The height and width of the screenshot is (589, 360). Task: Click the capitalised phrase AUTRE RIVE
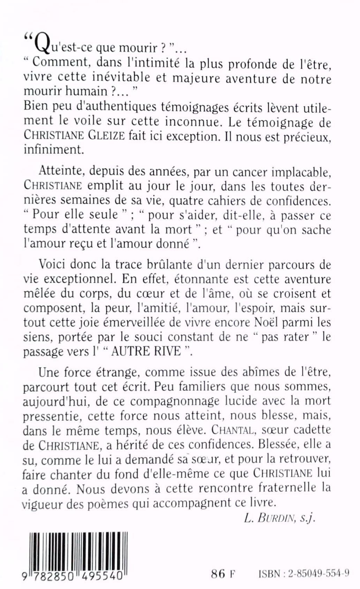coord(147,351)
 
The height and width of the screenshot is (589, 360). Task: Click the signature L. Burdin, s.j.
coord(280,518)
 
